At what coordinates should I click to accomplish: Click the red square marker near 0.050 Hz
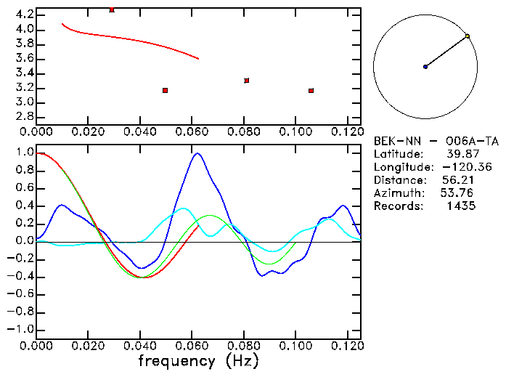click(x=166, y=90)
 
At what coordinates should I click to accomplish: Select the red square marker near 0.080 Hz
click(x=247, y=81)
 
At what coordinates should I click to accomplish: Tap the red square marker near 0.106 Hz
click(x=311, y=91)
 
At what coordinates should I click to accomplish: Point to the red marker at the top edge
click(x=111, y=9)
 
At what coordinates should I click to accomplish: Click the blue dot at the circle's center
click(x=425, y=67)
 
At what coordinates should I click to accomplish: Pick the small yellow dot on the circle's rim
click(x=468, y=36)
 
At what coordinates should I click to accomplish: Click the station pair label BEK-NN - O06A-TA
click(x=436, y=141)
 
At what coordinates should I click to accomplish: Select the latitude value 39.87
click(x=461, y=154)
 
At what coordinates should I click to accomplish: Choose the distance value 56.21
click(x=457, y=180)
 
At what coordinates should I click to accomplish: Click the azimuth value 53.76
click(x=455, y=193)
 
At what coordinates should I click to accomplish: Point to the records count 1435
click(x=461, y=206)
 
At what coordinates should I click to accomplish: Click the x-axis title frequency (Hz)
click(x=199, y=360)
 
